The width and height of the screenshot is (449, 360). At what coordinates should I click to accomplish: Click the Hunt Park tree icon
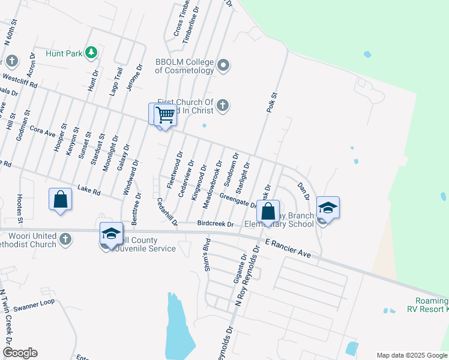[x=91, y=53]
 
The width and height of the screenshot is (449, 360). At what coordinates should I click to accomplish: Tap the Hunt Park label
[x=64, y=53]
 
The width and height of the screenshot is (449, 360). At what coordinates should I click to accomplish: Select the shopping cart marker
[x=165, y=115]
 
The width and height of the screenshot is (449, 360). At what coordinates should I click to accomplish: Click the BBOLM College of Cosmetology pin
[x=223, y=65]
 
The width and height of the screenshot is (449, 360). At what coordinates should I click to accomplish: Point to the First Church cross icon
[x=223, y=106]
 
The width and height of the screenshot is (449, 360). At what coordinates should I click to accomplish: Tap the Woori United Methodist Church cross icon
[x=66, y=240]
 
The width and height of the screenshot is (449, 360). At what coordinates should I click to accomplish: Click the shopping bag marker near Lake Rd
[x=60, y=199]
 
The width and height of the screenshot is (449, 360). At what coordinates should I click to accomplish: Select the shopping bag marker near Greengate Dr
[x=268, y=211]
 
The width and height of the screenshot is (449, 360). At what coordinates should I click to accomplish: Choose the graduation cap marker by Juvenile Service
[x=111, y=234]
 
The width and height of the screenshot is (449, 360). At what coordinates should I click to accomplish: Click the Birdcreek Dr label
[x=215, y=224]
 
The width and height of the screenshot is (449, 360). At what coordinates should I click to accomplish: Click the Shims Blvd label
[x=208, y=254]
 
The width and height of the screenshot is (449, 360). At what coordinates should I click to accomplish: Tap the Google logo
[x=20, y=353]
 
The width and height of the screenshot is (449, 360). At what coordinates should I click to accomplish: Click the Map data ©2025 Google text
[x=411, y=355]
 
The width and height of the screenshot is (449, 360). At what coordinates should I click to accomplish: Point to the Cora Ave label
[x=42, y=130]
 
